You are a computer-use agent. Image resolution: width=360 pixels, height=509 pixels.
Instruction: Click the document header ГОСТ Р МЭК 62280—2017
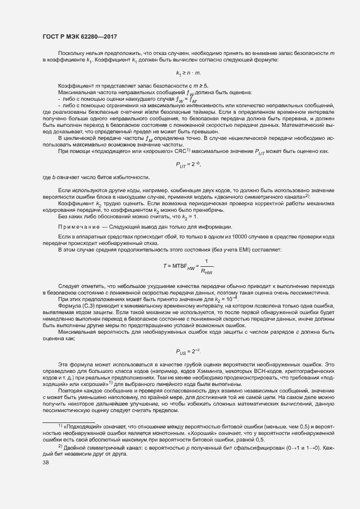pyautogui.click(x=79, y=36)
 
